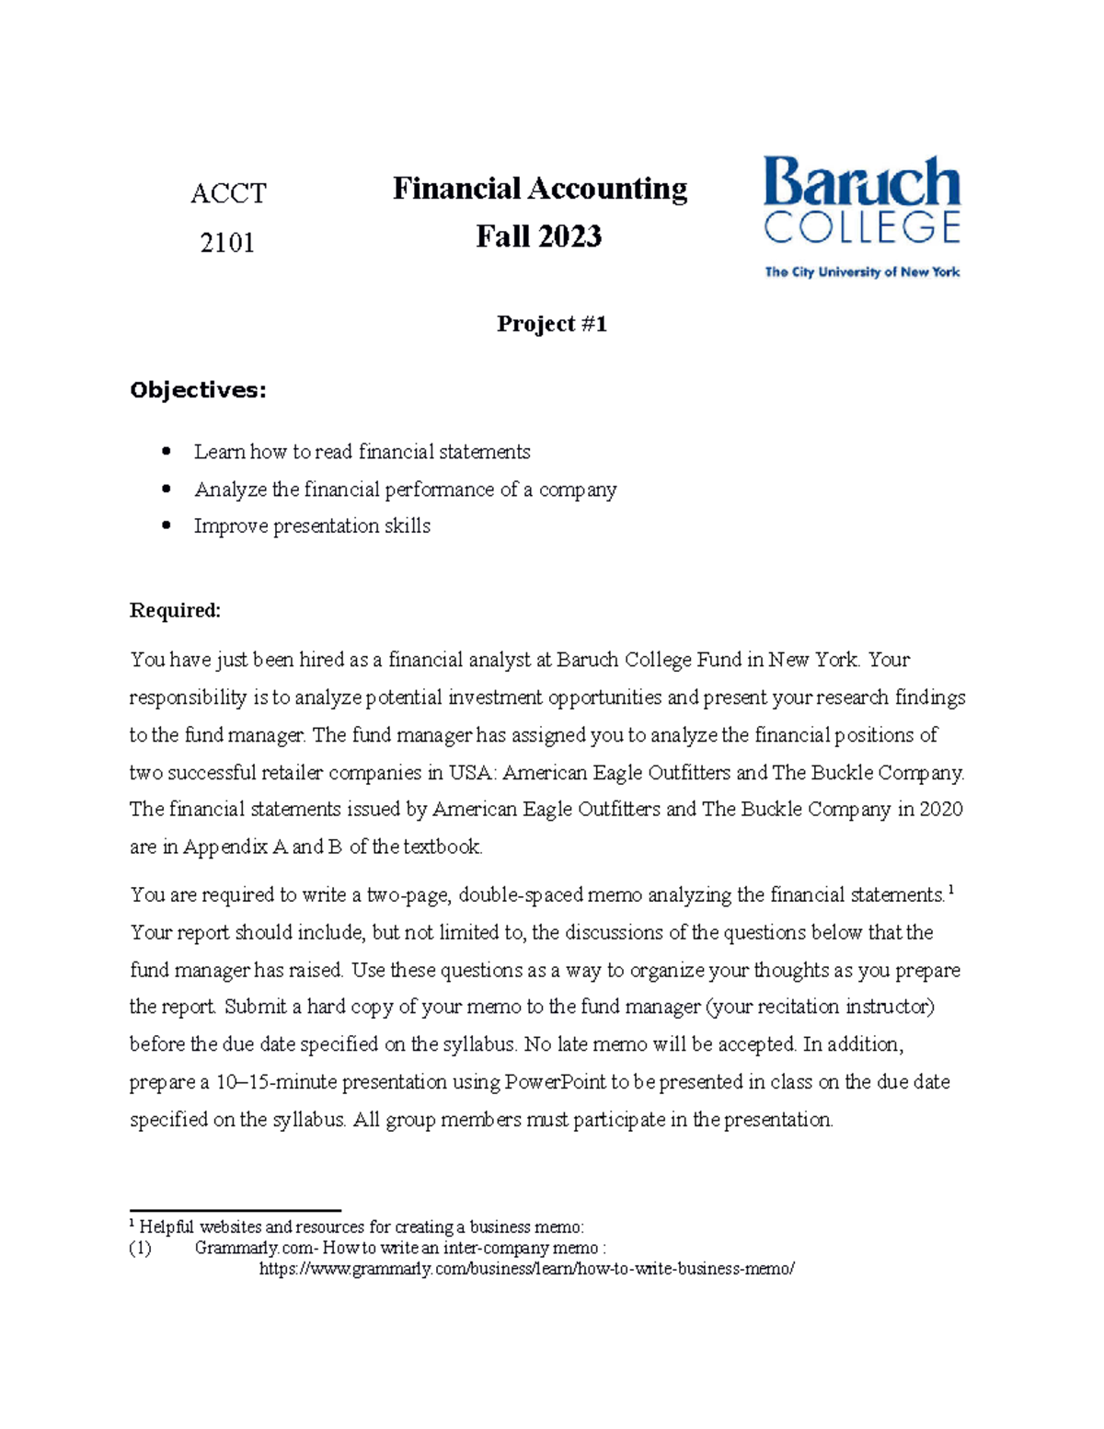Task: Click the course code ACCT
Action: coord(228,193)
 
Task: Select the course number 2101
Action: coord(227,243)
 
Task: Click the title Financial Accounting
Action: coord(539,189)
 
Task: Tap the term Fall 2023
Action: coord(539,237)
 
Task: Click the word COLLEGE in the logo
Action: coord(862,227)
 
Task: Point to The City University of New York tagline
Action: coord(862,272)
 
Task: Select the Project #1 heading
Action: coord(551,324)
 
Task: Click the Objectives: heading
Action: coord(198,390)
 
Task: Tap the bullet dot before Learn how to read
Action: coord(167,451)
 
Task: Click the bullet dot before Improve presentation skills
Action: coord(167,525)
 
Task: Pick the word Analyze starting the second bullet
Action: coord(230,490)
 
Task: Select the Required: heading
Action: coord(175,611)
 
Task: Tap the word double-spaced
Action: coord(520,895)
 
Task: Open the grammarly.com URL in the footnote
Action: coord(526,1269)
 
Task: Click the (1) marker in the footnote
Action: coord(140,1249)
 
